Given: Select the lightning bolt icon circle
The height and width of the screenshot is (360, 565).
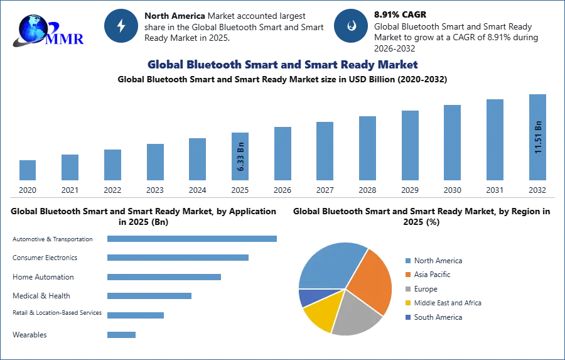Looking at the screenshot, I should click(x=121, y=26).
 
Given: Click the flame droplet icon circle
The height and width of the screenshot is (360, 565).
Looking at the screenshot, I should click(x=351, y=26).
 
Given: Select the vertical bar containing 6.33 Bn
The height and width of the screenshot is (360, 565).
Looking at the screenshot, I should click(x=240, y=156).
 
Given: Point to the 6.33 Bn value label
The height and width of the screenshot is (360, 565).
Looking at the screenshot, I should click(x=240, y=160).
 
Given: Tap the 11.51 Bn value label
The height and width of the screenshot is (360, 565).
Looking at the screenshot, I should click(x=538, y=136).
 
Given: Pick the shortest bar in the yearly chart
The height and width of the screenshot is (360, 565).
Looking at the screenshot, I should click(x=27, y=169).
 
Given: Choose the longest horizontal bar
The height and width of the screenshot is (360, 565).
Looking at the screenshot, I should click(x=193, y=239).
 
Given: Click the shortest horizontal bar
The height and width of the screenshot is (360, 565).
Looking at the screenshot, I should click(x=120, y=336).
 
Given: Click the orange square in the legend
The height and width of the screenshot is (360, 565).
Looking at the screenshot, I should click(x=407, y=275).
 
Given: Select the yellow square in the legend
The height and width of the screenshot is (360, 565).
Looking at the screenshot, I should click(x=407, y=303).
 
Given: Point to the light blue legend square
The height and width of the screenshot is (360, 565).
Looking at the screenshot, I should click(x=407, y=261).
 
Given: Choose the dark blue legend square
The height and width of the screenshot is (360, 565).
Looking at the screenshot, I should click(x=407, y=317).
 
